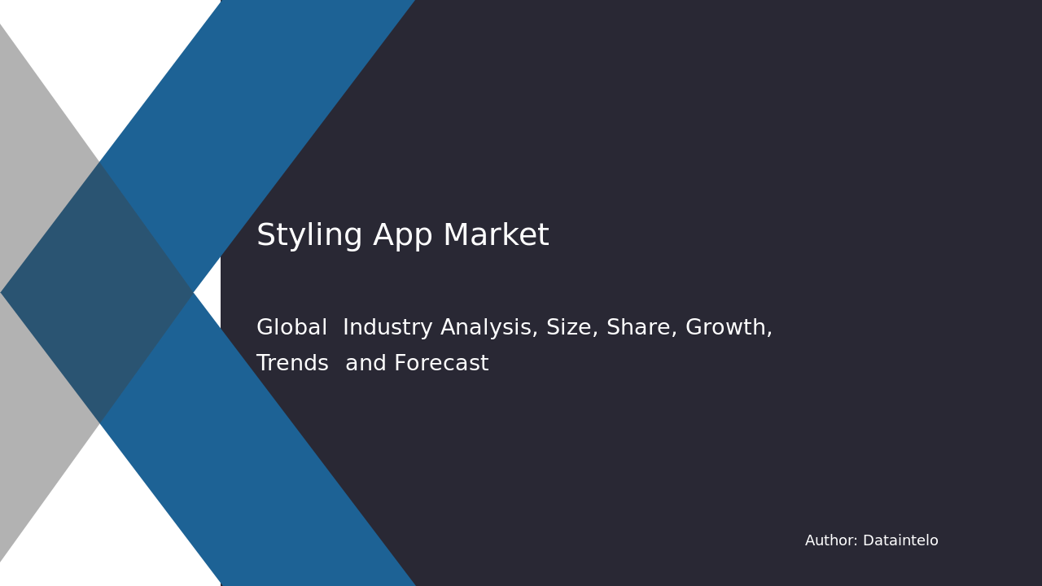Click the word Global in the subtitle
click(291, 328)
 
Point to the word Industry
click(387, 328)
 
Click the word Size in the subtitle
click(568, 328)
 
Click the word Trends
click(292, 364)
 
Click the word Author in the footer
click(830, 541)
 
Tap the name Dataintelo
click(900, 541)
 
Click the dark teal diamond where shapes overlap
click(98, 292)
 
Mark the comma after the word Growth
click(769, 334)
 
